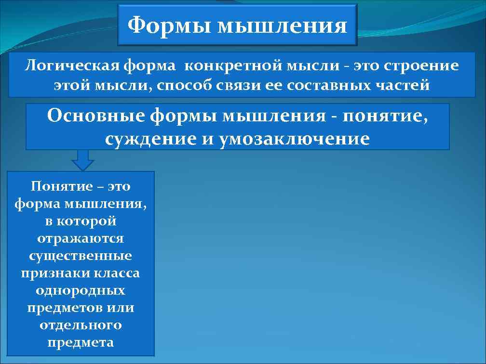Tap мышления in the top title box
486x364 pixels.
[282, 26]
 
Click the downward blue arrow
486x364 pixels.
[83, 160]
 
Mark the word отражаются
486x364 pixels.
[81, 238]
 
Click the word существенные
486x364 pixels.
[81, 256]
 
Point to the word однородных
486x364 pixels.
[81, 290]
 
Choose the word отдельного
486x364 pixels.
[81, 325]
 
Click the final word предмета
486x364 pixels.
[81, 342]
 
